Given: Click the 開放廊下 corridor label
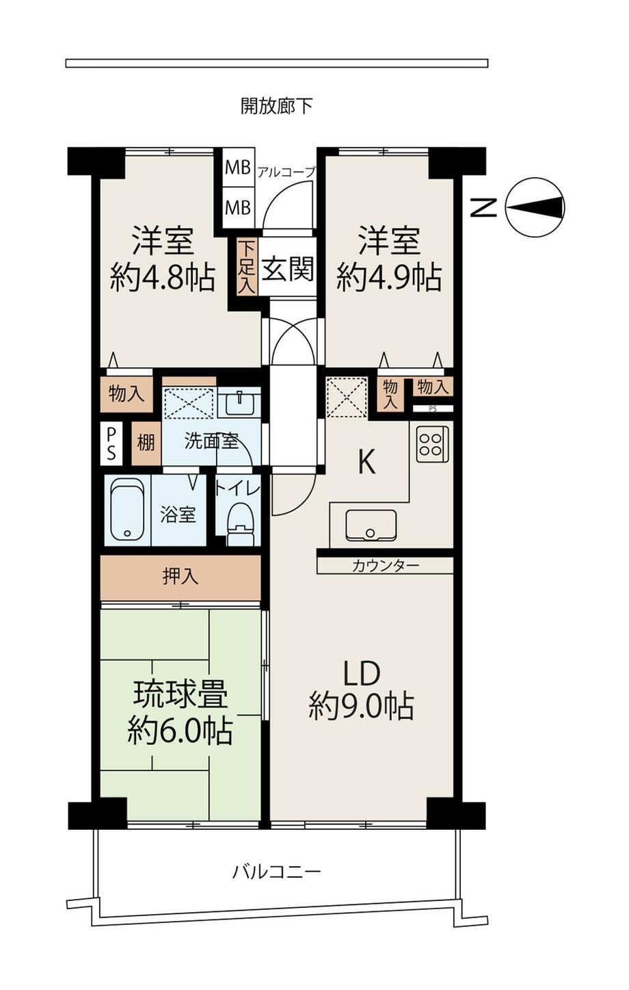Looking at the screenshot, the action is pos(277,106).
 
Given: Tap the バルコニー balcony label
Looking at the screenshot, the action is pos(277,872).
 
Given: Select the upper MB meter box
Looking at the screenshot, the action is pos(238,168).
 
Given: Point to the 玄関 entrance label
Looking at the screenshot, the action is pos(288,269).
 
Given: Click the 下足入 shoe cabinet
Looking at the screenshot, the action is pos(247,268).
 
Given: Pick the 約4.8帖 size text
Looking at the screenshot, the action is pos(163,278).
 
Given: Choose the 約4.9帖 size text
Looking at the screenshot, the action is pos(389,278).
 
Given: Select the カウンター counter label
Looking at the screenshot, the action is pos(386,566).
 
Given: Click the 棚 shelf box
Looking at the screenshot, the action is pos(146,442).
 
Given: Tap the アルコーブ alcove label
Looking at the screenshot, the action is pos(286,172).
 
